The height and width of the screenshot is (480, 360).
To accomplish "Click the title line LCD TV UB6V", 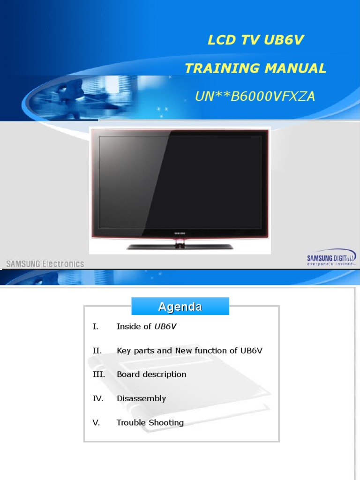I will (255, 40).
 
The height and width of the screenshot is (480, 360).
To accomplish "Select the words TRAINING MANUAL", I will (255, 68).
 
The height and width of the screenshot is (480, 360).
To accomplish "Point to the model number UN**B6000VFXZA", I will (255, 97).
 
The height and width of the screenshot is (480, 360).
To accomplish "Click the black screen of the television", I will (180, 182).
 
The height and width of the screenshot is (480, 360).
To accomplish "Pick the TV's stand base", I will (180, 246).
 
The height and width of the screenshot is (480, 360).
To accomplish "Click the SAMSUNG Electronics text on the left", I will (45, 263).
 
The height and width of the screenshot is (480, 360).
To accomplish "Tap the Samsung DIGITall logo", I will (331, 257).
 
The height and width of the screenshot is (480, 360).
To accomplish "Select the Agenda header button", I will (180, 307).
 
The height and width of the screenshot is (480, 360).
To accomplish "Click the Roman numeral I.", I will (96, 327).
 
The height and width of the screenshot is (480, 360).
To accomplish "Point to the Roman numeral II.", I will (97, 351).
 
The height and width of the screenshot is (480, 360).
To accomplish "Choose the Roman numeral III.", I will (98, 375).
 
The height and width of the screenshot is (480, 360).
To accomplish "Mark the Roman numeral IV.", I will (97, 398).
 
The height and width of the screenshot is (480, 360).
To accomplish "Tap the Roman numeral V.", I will (96, 422).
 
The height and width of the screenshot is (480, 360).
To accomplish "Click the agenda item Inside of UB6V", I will (146, 327).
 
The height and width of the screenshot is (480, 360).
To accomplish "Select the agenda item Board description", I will (151, 375).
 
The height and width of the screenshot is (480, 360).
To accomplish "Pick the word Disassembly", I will (141, 398).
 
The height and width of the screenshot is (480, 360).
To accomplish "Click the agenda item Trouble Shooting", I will (150, 422).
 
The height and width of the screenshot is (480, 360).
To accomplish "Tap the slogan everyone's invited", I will (331, 264).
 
